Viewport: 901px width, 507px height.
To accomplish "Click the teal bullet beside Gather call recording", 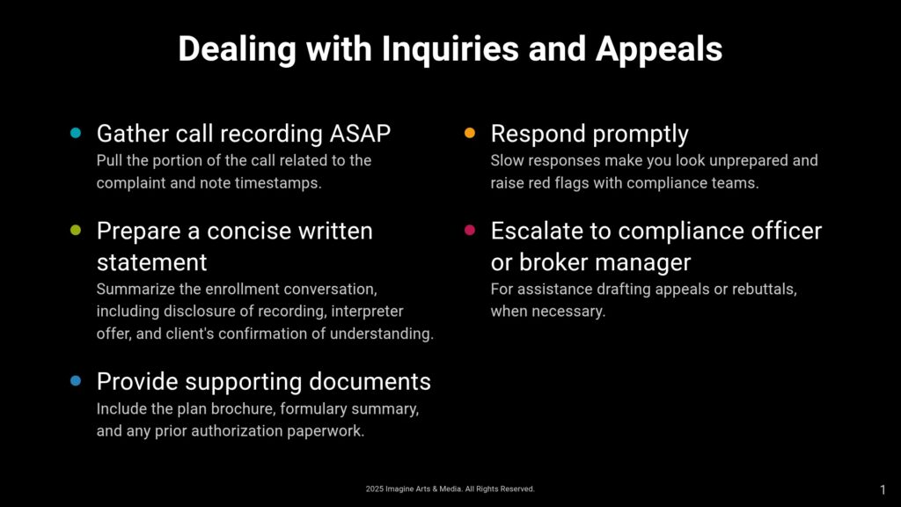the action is coord(76,133).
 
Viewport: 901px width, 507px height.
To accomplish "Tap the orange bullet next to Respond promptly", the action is coord(470,133).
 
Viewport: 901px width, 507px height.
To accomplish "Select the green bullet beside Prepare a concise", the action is coord(76,230).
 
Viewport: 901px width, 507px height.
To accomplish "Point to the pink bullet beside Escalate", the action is coord(470,230).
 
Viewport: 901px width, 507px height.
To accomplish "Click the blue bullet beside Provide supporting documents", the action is coord(76,380).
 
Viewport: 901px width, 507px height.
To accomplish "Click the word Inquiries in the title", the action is coord(450,49).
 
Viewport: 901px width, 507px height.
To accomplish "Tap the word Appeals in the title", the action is coord(658,49).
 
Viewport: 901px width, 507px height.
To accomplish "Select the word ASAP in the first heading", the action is coord(360,134).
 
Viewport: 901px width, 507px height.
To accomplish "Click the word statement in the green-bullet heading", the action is coord(151,262).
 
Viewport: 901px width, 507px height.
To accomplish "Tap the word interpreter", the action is coord(367,312).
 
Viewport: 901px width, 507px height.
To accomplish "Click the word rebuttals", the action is coord(765,289).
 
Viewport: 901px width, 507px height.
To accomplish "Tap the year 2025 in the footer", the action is coord(374,489).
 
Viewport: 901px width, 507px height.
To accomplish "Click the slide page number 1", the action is coord(883,489).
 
